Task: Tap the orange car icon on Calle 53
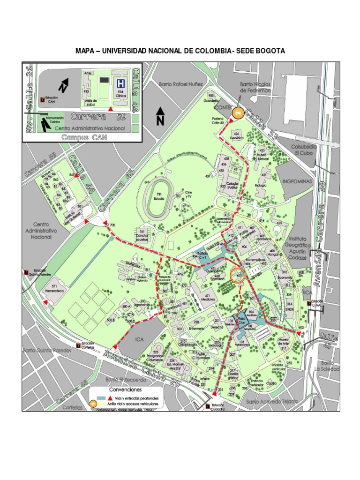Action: (x=238, y=112)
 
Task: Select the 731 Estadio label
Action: (x=159, y=196)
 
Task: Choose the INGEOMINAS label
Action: (x=297, y=180)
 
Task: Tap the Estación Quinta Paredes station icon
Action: (x=26, y=272)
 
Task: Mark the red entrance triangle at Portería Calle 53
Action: (x=230, y=121)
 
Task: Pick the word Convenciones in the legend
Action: (x=126, y=390)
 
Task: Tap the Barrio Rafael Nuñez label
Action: (x=180, y=84)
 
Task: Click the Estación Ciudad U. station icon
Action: (x=208, y=406)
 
